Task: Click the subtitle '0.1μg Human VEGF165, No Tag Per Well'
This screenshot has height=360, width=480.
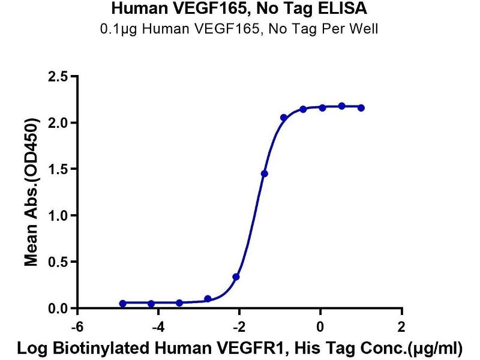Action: coord(239,28)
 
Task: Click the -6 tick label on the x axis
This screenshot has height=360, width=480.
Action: coord(77,328)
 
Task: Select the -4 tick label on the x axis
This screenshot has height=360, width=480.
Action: coord(158,328)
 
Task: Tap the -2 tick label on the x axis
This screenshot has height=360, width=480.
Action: coord(239,328)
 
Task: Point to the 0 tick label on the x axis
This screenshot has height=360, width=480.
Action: coord(320,328)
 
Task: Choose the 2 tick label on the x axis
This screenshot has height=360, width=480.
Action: coord(401,328)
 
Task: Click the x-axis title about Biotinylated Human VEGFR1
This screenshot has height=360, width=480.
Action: coord(240,348)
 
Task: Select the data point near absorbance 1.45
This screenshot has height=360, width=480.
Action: coord(265,173)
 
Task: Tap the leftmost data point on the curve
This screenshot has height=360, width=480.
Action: coord(123,304)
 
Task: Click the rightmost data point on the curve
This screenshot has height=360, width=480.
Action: coord(361,108)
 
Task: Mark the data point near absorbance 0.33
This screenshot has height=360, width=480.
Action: coord(236,277)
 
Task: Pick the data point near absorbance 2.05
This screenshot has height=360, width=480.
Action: coord(284,118)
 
